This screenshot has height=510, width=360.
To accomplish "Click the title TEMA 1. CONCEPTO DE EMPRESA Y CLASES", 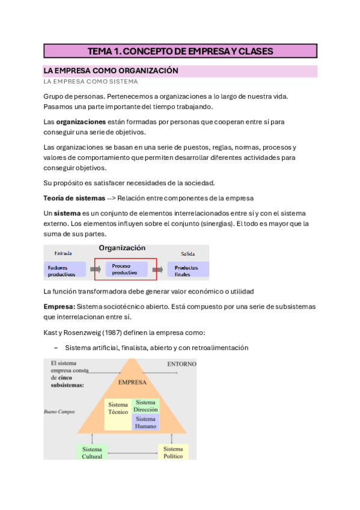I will pos(180,51).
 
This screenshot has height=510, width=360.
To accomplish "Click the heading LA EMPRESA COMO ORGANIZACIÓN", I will pos(111,70).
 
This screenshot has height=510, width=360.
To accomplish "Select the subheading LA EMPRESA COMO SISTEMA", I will pos(90,81).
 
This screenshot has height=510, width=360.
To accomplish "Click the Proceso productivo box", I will pos(126,269).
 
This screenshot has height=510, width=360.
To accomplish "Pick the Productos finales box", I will pos(188,270).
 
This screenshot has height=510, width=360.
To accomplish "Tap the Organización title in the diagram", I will pos(122,248).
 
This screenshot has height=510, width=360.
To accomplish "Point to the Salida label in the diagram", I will pos(188,254).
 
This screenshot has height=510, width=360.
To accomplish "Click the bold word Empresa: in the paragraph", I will pos(59,307).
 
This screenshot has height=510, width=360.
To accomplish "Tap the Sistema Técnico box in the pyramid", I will pos(118,408).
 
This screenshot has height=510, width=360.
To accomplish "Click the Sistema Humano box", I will pos(145,422).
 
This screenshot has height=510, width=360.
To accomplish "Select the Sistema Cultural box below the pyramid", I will pos(92,452).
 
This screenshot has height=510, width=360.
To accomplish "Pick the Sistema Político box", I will pos(173,452).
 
